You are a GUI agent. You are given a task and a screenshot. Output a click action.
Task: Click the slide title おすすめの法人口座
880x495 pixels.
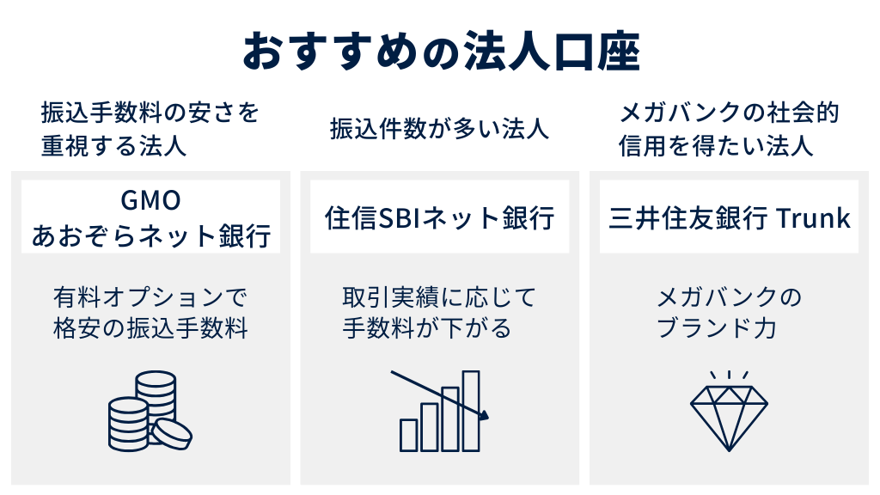point(440,51)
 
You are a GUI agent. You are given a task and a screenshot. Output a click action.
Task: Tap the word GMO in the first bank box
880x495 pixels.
point(150,200)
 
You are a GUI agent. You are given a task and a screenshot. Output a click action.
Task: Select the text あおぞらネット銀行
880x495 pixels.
point(150,234)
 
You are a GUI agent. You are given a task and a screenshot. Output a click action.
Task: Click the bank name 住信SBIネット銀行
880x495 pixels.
point(439,217)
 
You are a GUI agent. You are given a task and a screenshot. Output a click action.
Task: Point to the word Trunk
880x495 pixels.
point(813,217)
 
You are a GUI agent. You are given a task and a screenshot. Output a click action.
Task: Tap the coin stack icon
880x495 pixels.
point(149,411)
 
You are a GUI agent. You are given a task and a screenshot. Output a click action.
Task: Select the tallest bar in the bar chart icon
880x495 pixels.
point(471,409)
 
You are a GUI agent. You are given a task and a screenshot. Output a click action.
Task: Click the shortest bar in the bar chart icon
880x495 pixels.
point(409,434)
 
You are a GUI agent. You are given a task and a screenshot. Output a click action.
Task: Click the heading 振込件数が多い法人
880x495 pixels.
point(439,130)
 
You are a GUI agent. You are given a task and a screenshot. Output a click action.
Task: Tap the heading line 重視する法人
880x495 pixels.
point(113,145)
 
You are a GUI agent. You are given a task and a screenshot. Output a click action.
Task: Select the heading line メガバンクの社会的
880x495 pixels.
point(729,113)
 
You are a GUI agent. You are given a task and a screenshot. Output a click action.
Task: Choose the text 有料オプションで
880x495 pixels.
point(150,297)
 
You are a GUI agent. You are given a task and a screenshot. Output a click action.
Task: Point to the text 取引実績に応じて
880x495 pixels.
point(439,297)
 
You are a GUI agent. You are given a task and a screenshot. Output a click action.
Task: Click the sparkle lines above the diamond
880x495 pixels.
point(729,376)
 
